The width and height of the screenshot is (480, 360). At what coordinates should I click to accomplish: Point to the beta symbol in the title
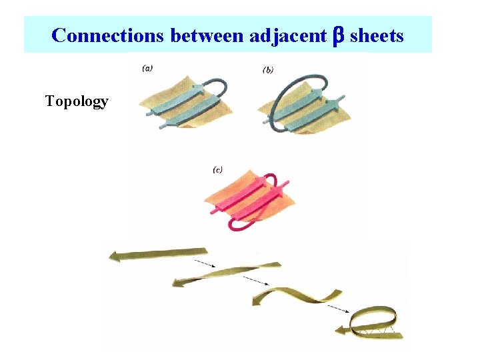coord(337,35)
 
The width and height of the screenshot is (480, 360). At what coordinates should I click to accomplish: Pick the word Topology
coord(77,101)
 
